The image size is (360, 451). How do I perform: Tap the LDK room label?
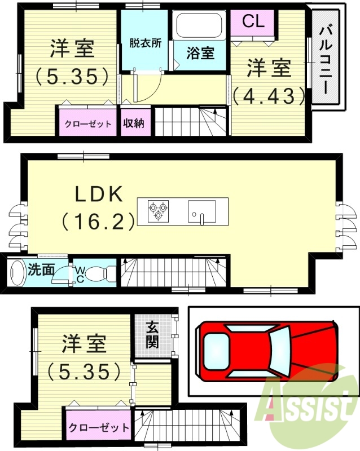[x=99, y=194]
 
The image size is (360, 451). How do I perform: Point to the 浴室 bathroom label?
[x=201, y=54]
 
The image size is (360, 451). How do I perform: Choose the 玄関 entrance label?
[x=152, y=334]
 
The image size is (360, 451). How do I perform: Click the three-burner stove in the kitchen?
[x=158, y=211]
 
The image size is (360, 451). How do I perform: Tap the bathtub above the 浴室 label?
[x=200, y=25]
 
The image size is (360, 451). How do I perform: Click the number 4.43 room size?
[x=269, y=96]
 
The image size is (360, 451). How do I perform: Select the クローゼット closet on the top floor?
[x=87, y=123]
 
